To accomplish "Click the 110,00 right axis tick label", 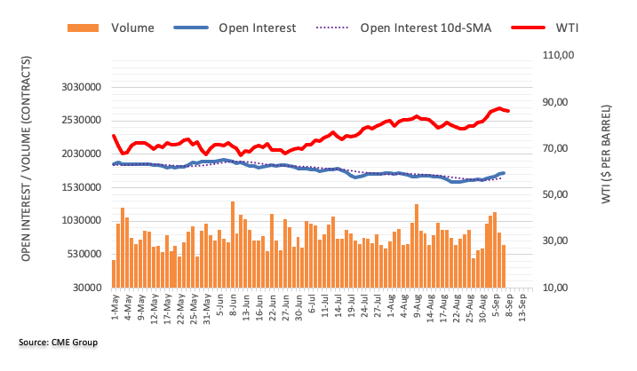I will click(x=561, y=55).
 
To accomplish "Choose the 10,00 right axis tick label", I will click(x=561, y=288).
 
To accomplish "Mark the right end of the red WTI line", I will click(x=508, y=111).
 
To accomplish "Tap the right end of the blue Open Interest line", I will click(x=504, y=173).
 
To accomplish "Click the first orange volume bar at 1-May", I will click(x=114, y=273).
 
